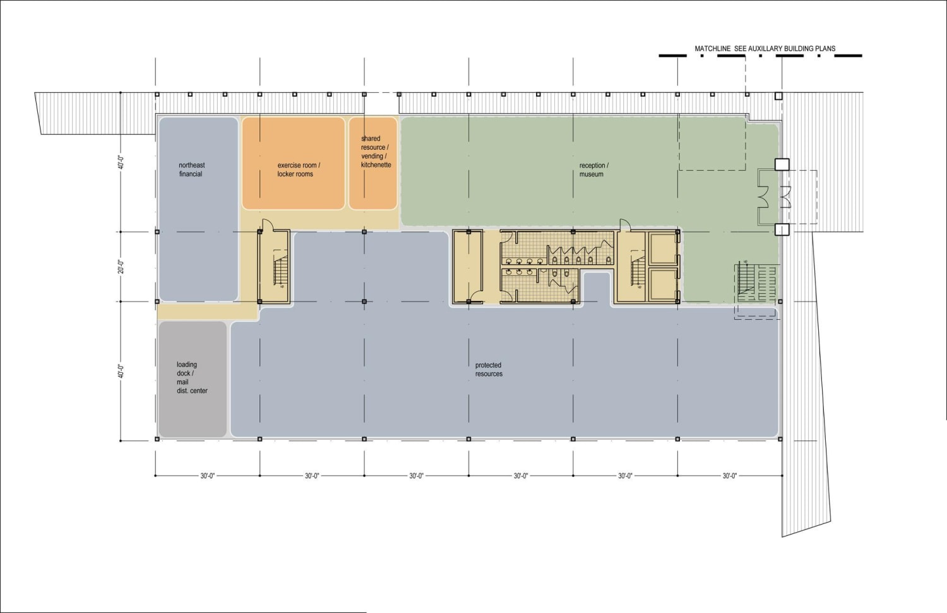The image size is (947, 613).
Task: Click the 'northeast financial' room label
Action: click(191, 169)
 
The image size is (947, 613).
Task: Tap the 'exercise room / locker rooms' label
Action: click(298, 169)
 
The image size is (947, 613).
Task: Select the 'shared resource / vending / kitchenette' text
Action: click(375, 152)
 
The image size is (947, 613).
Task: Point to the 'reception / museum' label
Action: click(593, 169)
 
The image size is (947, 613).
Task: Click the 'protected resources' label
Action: click(489, 370)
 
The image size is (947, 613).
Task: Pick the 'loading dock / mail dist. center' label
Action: click(191, 377)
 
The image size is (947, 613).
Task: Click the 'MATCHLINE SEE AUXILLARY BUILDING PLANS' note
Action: click(765, 49)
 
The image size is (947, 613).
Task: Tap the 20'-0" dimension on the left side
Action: click(121, 267)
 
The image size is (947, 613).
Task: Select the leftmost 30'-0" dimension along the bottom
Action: click(208, 476)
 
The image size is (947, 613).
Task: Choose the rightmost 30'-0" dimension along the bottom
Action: click(730, 476)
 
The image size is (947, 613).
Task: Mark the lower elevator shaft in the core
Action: click(663, 285)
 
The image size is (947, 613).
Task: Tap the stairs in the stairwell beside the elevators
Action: click(638, 271)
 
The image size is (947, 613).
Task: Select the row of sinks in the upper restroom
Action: click(524, 260)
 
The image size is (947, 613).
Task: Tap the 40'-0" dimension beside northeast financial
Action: click(121, 162)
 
